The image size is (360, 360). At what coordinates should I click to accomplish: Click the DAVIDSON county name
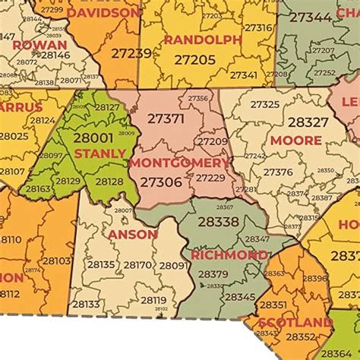(104, 13)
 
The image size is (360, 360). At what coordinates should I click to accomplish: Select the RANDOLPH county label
(203, 39)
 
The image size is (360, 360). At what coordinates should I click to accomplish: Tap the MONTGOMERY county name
(179, 163)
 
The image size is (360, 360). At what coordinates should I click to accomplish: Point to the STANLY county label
(100, 153)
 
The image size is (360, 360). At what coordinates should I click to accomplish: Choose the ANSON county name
(133, 235)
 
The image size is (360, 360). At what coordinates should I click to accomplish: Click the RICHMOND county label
(229, 255)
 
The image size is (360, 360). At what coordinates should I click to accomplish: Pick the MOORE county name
(296, 141)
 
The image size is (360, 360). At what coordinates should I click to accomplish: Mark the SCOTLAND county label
(295, 323)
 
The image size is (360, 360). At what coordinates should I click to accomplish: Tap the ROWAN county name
(39, 45)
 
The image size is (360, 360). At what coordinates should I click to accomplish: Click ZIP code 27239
(131, 52)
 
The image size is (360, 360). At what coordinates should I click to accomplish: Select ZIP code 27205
(195, 59)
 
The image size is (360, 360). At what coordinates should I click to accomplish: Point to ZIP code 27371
(166, 118)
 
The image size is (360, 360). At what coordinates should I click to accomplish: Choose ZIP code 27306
(161, 182)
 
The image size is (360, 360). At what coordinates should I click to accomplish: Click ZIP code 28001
(93, 138)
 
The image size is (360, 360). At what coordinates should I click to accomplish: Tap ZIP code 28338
(218, 222)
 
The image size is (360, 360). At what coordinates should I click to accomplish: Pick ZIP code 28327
(308, 122)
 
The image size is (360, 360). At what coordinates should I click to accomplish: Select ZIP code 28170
(138, 265)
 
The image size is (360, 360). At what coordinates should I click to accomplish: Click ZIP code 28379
(213, 274)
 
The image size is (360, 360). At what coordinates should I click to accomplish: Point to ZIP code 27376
(278, 172)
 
